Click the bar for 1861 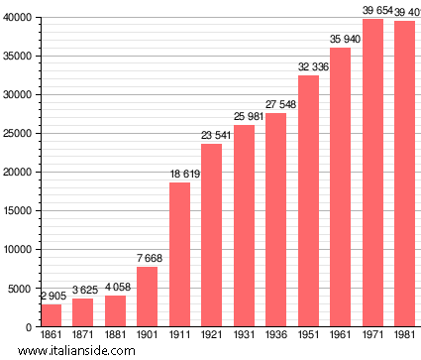point(51,315)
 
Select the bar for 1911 point(179,255)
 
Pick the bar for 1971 point(372,173)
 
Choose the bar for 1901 point(147,297)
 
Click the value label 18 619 point(179,174)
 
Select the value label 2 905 point(51,296)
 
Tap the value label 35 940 point(340,40)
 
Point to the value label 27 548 point(275,104)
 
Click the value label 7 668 point(147,259)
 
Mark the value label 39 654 point(372,11)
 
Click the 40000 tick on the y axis point(17,18)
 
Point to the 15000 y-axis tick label point(17,211)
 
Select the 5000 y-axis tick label point(20,289)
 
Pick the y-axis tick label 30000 point(17,95)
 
